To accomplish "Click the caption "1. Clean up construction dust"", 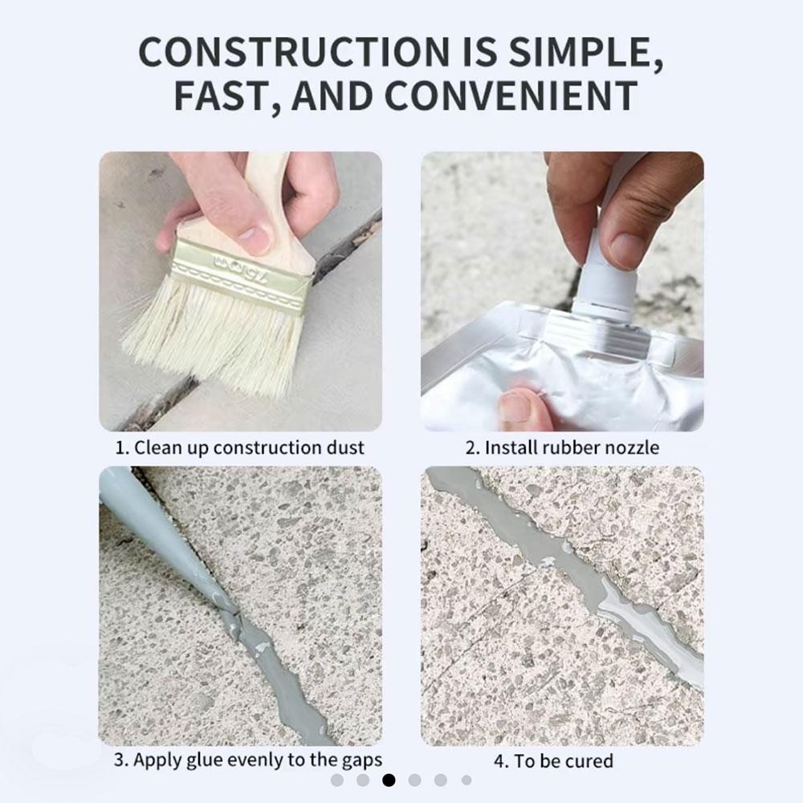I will tap(239, 447).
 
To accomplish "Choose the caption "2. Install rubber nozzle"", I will tap(561, 447).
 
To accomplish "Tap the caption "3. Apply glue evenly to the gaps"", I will tap(247, 759).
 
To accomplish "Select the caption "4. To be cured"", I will tap(553, 760).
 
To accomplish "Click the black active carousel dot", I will tap(389, 780).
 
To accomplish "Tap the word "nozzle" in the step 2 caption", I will tap(631, 447).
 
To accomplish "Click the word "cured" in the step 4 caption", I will tap(588, 760).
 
